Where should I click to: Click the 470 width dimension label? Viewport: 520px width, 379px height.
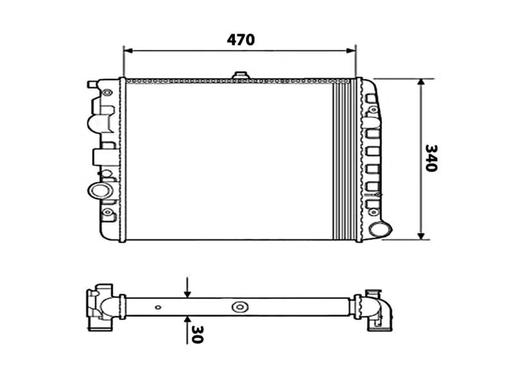click(x=241, y=40)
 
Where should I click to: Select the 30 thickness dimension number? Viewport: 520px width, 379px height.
click(x=196, y=334)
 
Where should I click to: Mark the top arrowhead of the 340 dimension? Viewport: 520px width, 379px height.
click(x=421, y=84)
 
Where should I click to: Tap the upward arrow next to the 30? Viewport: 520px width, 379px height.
click(x=187, y=320)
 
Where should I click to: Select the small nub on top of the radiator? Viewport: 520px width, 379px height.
click(x=240, y=76)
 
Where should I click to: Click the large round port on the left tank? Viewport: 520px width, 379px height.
click(x=100, y=191)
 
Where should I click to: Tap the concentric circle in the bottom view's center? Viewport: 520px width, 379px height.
click(x=240, y=307)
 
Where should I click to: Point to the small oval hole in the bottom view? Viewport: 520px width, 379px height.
click(x=158, y=307)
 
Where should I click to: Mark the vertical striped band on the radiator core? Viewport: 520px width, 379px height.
click(x=343, y=159)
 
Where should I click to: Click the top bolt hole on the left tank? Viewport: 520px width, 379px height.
click(x=107, y=93)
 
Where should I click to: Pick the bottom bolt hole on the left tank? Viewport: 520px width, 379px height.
click(x=107, y=212)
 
